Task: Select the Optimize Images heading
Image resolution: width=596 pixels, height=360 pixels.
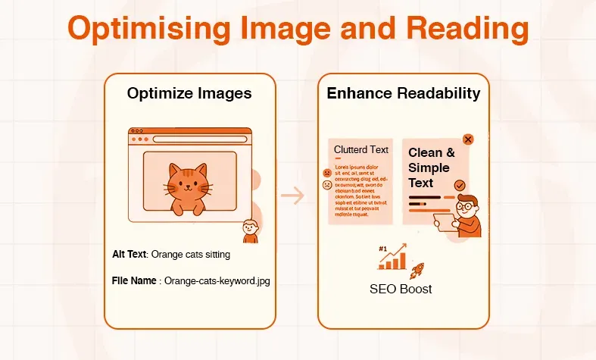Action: tap(189, 94)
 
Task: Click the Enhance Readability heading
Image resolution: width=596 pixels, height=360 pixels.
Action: tap(403, 94)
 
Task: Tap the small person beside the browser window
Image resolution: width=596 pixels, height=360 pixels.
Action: tap(248, 230)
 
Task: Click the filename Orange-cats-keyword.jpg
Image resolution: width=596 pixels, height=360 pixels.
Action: tap(217, 280)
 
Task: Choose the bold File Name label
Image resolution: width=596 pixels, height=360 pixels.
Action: tap(134, 280)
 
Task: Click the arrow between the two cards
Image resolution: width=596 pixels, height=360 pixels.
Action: tap(292, 196)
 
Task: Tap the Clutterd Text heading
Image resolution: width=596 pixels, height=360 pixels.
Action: tap(361, 150)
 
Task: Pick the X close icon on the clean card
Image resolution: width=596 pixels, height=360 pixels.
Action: tap(468, 139)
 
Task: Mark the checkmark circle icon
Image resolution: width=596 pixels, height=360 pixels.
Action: tap(460, 185)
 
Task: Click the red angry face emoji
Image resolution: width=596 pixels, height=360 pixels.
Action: tap(326, 173)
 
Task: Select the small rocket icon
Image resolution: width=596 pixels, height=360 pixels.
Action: tap(417, 271)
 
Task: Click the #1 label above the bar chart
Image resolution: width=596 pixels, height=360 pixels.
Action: tap(383, 249)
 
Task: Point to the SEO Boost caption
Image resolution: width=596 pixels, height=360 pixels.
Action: tap(401, 290)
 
